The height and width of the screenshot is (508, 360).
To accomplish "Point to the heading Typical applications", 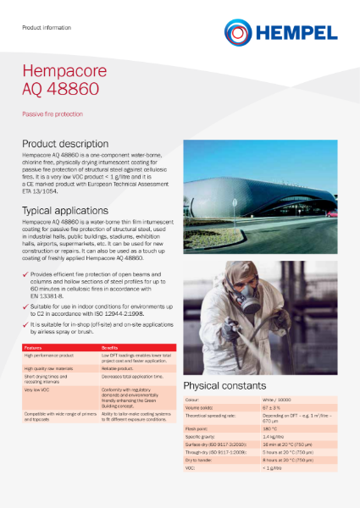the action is (65, 210).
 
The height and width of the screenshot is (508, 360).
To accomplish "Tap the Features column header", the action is (33, 348).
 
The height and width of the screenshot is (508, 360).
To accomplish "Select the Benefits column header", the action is (110, 348).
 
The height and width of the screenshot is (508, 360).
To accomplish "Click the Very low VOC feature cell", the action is (38, 389).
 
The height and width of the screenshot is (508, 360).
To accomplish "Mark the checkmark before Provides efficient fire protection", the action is (25, 275).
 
